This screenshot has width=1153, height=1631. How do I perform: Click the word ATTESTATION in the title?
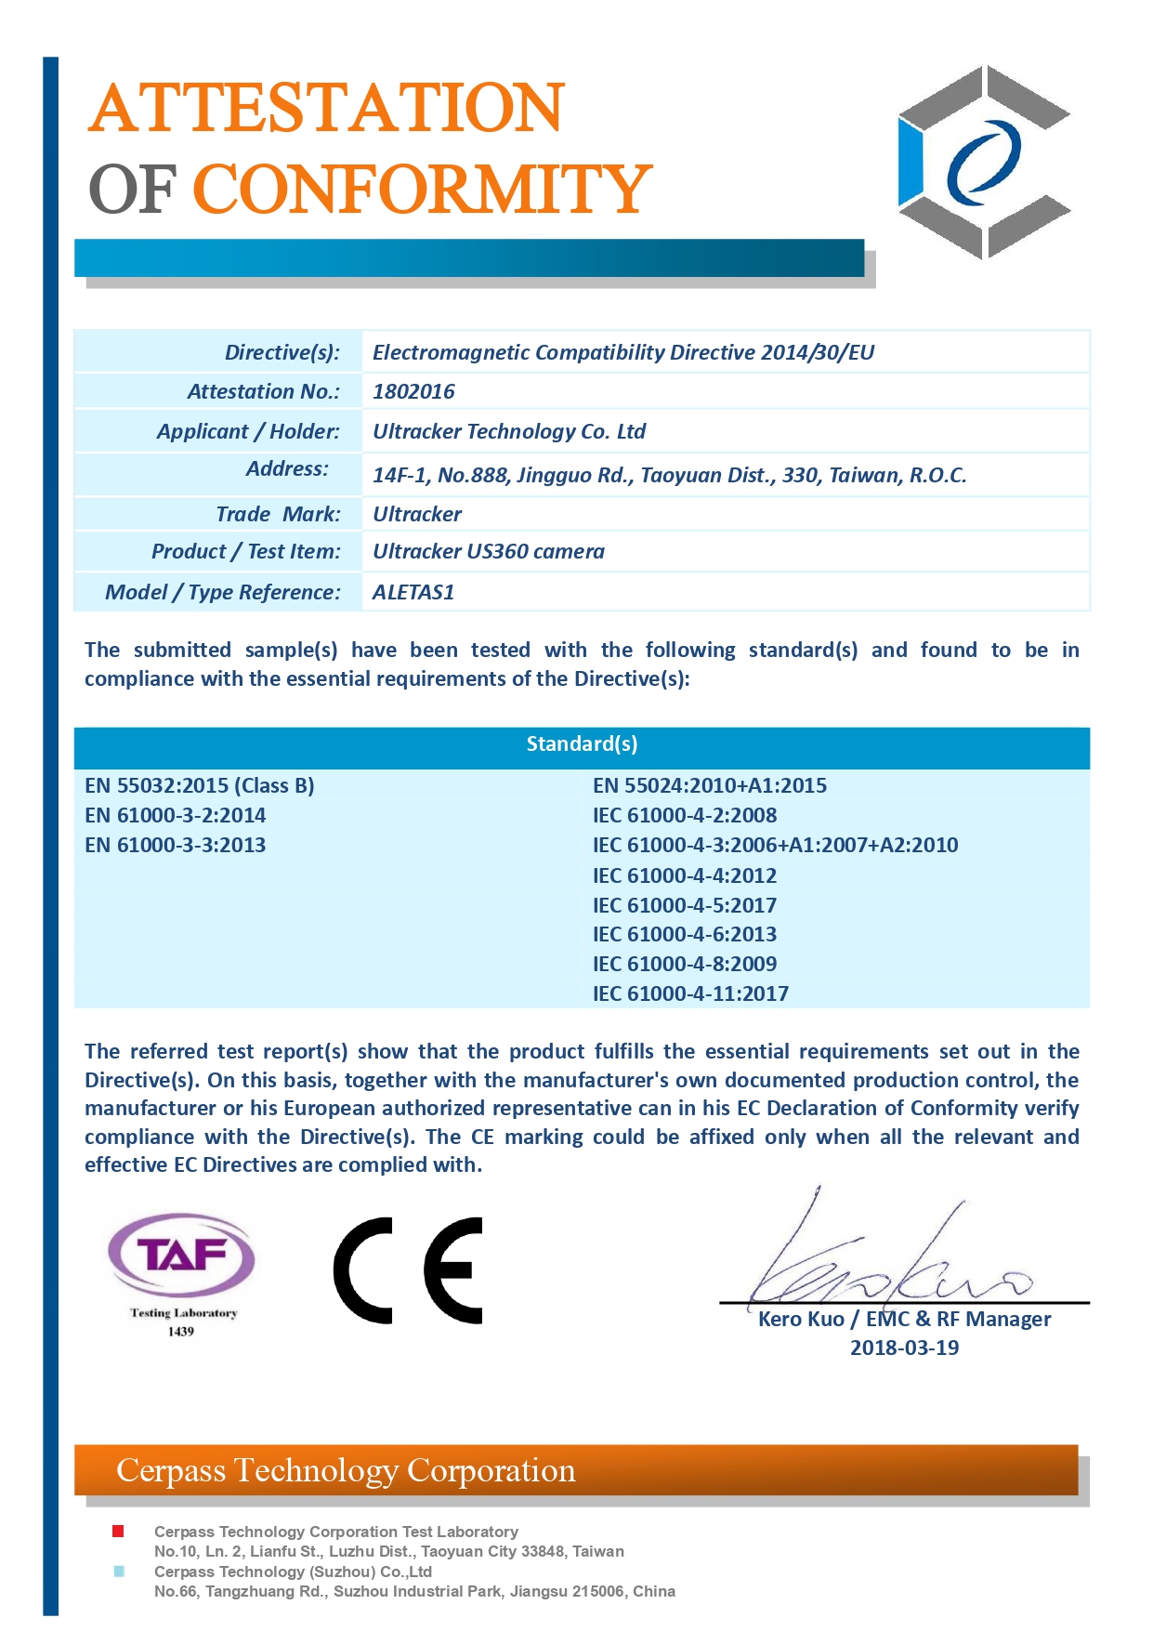click(x=326, y=108)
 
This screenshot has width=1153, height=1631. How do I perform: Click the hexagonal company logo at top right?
click(x=984, y=162)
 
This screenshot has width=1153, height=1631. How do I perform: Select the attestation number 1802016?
click(x=413, y=391)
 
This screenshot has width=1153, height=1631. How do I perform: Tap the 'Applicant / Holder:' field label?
click(x=248, y=431)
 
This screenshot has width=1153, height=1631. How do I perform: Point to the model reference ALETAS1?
click(x=413, y=592)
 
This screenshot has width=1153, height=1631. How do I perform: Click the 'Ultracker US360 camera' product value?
click(x=489, y=551)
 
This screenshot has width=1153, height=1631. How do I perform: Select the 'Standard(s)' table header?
click(x=582, y=743)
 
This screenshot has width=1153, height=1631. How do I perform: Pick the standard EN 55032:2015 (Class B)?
click(x=200, y=785)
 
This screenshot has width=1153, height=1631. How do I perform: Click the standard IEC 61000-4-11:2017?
click(x=690, y=993)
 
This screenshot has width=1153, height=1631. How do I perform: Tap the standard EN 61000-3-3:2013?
click(x=176, y=845)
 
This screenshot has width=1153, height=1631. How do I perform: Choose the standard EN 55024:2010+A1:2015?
click(x=710, y=785)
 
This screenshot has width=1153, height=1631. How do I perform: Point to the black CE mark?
click(x=409, y=1269)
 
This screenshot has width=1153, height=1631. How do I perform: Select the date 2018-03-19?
click(x=904, y=1348)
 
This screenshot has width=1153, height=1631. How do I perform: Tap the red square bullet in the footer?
click(x=118, y=1531)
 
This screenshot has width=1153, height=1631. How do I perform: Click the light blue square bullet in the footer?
click(x=118, y=1572)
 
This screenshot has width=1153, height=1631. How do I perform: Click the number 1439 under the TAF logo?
click(x=181, y=1332)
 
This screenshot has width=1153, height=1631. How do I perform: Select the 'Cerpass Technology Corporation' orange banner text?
click(x=346, y=1471)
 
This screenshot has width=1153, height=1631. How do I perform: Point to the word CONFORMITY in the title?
click(x=422, y=189)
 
